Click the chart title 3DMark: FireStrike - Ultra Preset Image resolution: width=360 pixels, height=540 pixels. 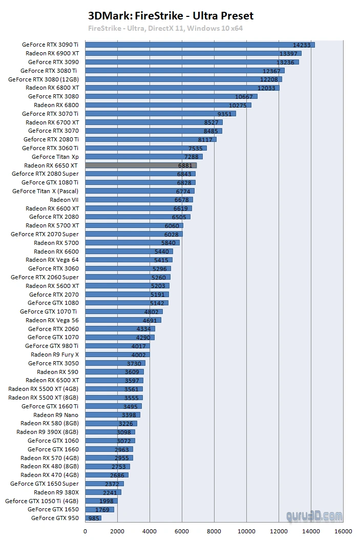[171, 16]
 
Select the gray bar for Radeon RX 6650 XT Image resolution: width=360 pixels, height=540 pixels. [141, 165]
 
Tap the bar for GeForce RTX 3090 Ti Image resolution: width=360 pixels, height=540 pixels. [200, 45]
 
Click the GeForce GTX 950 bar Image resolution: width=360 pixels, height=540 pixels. [93, 518]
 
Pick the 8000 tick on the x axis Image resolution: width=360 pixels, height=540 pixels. [214, 531]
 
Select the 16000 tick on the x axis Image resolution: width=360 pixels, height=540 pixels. [343, 531]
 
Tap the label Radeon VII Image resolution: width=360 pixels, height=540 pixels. [64, 200]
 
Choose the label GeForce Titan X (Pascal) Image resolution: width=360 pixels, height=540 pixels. [46, 191]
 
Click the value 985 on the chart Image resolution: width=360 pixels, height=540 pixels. [94, 518]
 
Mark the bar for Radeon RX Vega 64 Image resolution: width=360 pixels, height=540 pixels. [129, 260]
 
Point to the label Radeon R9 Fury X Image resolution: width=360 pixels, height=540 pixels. [55, 355]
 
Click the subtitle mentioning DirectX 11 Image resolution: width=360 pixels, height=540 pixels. [165, 28]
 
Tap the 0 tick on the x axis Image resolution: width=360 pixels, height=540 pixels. [85, 531]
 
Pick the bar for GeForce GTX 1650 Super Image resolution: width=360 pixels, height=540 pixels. [104, 484]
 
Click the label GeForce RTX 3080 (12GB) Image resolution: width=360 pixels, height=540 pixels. [44, 79]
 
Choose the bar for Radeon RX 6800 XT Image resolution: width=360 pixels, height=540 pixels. [182, 88]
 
